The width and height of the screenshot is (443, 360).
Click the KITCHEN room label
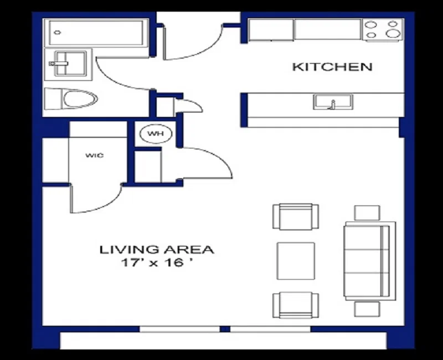pyautogui.click(x=332, y=67)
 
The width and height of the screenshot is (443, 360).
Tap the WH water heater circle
pyautogui.click(x=156, y=133)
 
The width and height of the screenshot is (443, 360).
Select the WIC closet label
pyautogui.click(x=95, y=155)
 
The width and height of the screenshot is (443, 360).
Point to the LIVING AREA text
pyautogui.click(x=157, y=250)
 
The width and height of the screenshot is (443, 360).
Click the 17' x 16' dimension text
pyautogui.click(x=157, y=263)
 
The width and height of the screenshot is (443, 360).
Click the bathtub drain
pyautogui.click(x=58, y=33)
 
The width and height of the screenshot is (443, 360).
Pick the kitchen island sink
pyautogui.click(x=333, y=102)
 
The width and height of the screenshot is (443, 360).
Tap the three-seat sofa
pyautogui.click(x=370, y=261)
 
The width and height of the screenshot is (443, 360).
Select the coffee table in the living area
pyautogui.click(x=296, y=261)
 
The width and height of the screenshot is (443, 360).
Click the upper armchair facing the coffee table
pyautogui.click(x=296, y=217)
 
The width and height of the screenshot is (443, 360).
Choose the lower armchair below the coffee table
pyautogui.click(x=296, y=305)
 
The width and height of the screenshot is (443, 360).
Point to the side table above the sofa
pyautogui.click(x=367, y=213)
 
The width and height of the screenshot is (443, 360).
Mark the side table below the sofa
pyautogui.click(x=367, y=309)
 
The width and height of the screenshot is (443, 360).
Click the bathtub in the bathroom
pyautogui.click(x=96, y=33)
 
